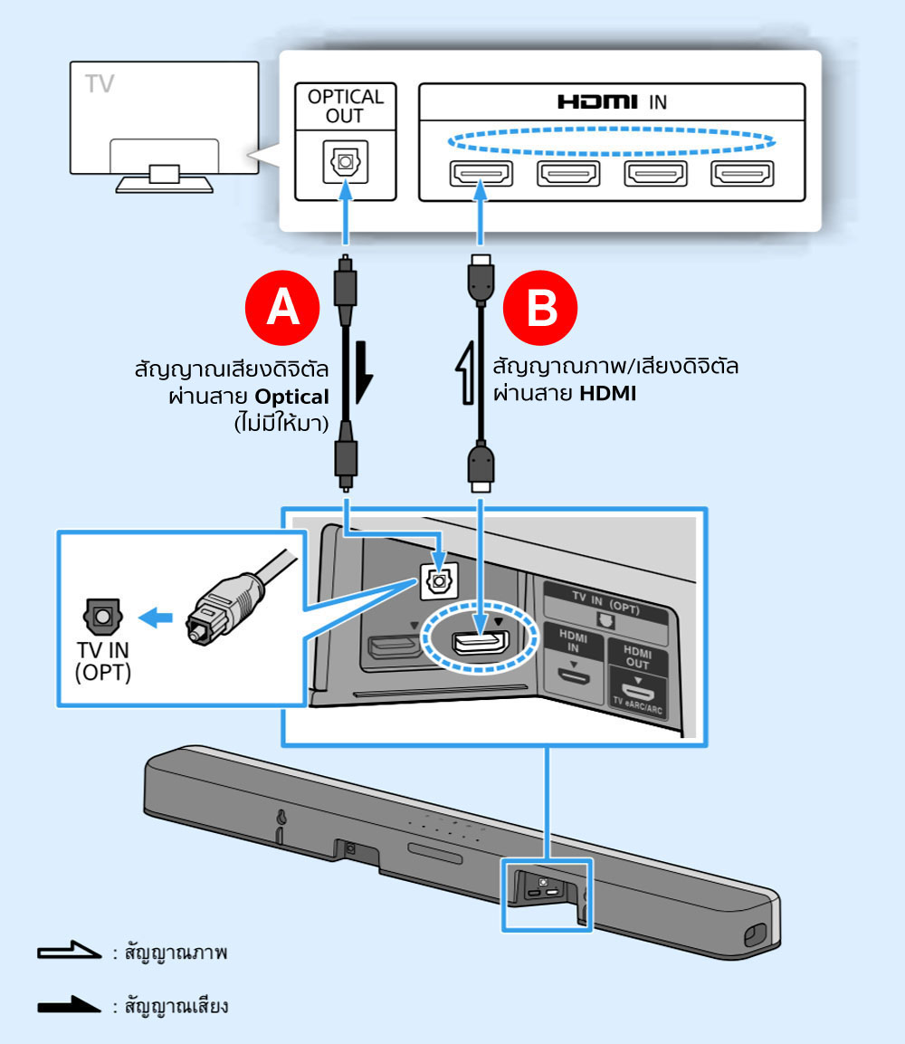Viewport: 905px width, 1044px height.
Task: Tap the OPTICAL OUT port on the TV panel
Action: click(345, 164)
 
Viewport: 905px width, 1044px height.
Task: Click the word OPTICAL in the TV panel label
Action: click(345, 97)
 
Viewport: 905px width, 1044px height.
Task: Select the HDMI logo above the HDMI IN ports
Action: click(597, 102)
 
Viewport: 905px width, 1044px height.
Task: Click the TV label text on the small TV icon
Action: click(100, 84)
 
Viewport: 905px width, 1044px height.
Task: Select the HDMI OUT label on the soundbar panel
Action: click(637, 657)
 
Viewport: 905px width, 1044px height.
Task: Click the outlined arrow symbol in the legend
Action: click(68, 953)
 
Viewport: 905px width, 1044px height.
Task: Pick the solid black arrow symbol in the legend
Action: click(68, 1005)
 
